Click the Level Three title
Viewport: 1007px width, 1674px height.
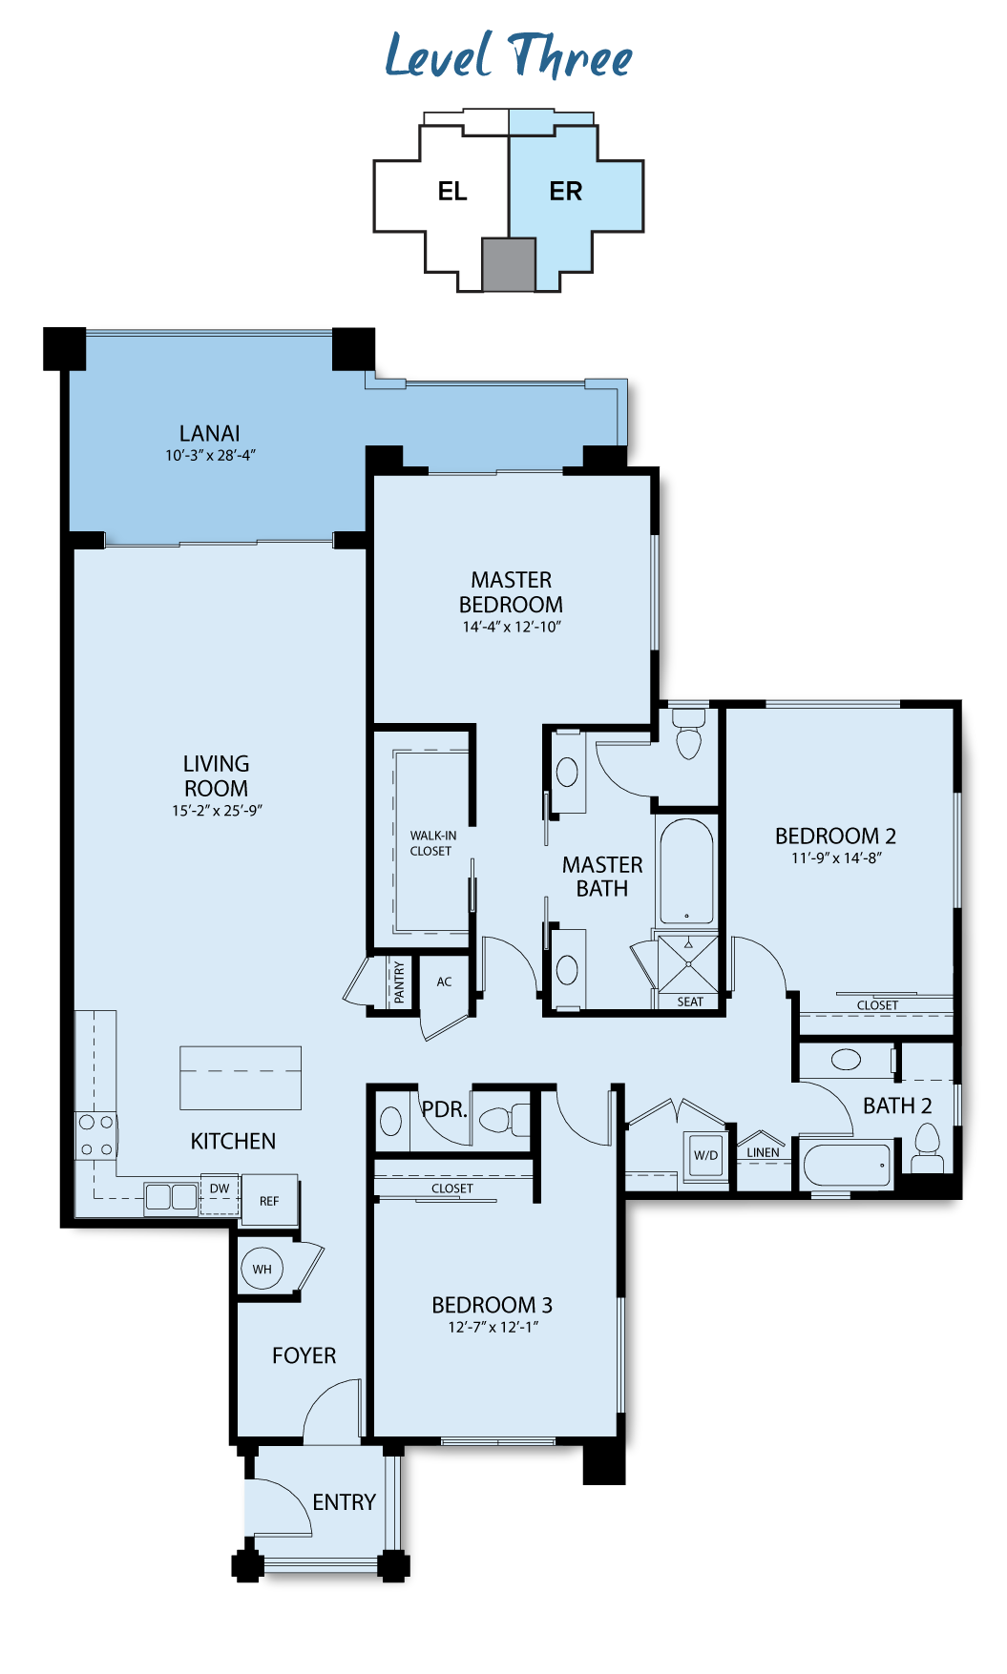coord(508,55)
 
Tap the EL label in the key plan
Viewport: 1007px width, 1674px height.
coord(452,192)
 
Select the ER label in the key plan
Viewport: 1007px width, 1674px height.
coord(565,192)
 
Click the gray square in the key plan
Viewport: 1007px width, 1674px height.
coord(508,264)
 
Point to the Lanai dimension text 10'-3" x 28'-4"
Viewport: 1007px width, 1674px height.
coord(210,455)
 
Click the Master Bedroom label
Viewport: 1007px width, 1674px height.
coord(511,592)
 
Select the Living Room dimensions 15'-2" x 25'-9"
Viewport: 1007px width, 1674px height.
coord(217,811)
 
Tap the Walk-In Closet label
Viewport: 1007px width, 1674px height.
coord(432,843)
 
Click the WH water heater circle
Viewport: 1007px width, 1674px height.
coord(262,1269)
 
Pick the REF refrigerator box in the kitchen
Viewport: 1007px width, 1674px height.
coord(269,1200)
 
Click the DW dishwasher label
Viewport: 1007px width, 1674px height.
coord(220,1188)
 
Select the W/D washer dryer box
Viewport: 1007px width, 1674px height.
coord(706,1154)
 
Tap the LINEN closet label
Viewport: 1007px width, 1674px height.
coord(763,1152)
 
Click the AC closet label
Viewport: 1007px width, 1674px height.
coord(444,982)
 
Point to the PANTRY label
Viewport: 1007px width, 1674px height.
coord(399,982)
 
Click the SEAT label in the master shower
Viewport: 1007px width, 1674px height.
coord(690,1002)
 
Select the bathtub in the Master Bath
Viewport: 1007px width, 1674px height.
coord(686,871)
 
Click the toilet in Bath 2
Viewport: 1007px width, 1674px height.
coord(927,1147)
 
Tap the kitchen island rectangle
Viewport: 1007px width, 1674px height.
coord(241,1078)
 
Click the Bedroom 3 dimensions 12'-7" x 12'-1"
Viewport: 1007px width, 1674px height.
coord(493,1327)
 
